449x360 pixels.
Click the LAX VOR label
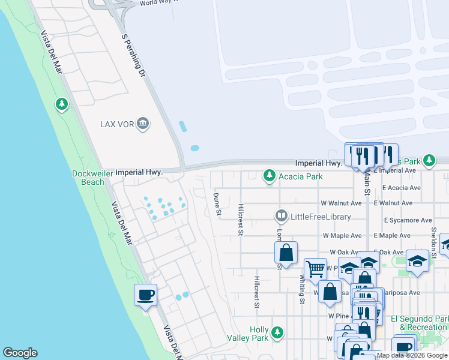point(116,125)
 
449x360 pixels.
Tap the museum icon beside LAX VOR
point(143,124)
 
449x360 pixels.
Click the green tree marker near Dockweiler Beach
point(61,105)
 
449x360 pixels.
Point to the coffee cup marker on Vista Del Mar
point(145,295)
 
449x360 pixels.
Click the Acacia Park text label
point(300,176)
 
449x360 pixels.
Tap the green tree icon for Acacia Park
point(270,176)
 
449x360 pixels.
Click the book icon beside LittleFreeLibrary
point(281,215)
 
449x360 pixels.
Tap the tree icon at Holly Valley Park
point(277,332)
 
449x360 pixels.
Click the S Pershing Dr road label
point(134,55)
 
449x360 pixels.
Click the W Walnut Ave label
point(341,203)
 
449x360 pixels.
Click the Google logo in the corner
point(20,353)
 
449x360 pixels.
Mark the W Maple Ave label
point(342,236)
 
